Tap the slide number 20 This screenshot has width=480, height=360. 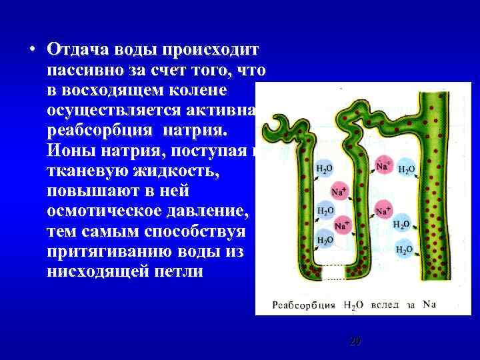click(355, 341)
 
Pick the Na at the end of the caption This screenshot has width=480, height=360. click(429, 305)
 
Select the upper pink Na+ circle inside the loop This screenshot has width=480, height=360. click(339, 192)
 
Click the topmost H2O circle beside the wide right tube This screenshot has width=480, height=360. click(405, 169)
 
